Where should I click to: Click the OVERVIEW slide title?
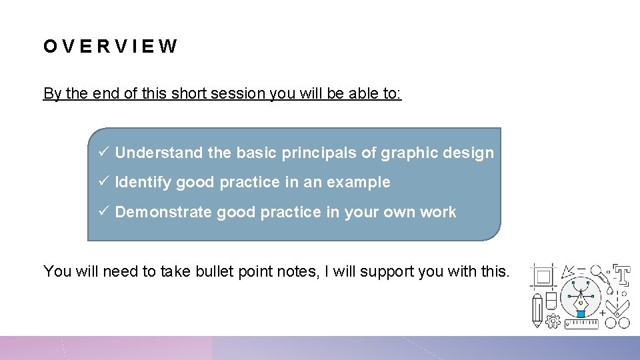pyautogui.click(x=111, y=47)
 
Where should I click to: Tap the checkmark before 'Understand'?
pyautogui.click(x=103, y=153)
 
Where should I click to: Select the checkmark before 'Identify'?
pyautogui.click(x=103, y=182)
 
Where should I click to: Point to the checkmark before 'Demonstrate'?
pyautogui.click(x=103, y=212)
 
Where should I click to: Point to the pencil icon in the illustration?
pyautogui.click(x=537, y=312)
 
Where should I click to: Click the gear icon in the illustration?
pyautogui.click(x=553, y=321)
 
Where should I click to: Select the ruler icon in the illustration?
pyautogui.click(x=581, y=323)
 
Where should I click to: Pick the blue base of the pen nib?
pyautogui.click(x=581, y=313)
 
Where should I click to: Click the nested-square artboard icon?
pyautogui.click(x=543, y=276)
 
